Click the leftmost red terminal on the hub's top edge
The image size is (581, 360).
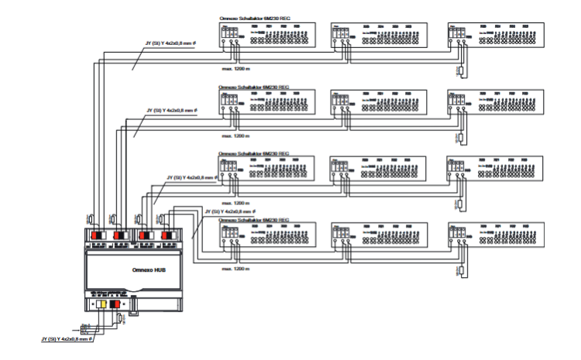click(x=97, y=235)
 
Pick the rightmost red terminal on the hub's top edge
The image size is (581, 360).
click(x=167, y=235)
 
